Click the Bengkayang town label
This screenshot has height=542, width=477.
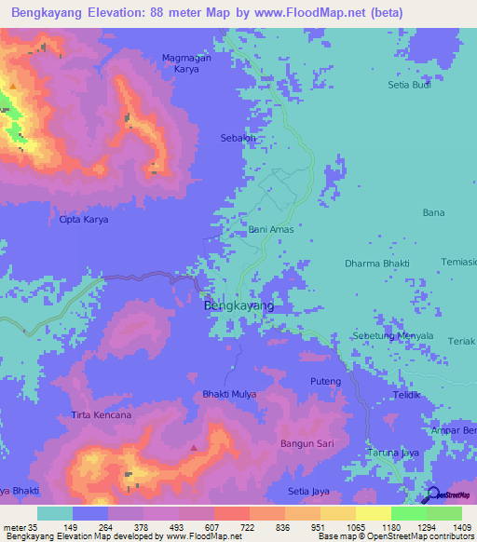pos(238,305)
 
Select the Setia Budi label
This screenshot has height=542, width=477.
pos(410,85)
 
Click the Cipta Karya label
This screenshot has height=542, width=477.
pos(84,220)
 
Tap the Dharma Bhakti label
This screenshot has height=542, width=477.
pos(376,264)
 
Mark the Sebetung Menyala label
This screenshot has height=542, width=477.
pos(392,335)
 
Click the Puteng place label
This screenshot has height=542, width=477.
pos(325,382)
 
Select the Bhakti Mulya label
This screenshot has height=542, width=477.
pos(229,395)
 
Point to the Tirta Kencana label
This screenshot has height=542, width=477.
pos(102,414)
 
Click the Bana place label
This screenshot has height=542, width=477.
pos(433,213)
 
